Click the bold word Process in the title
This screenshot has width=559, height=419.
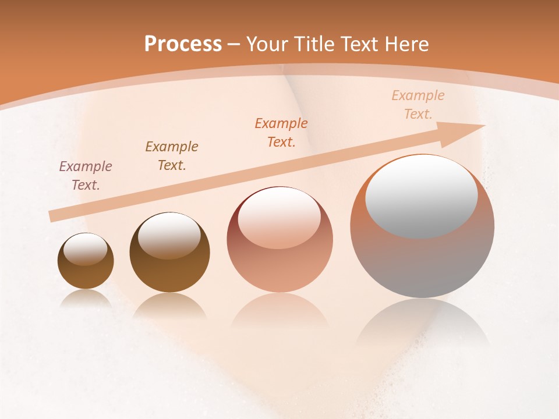(x=183, y=44)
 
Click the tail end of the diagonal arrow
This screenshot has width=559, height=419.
(x=52, y=215)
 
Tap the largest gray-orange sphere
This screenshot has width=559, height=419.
(x=422, y=256)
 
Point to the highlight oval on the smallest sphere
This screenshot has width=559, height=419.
(x=86, y=248)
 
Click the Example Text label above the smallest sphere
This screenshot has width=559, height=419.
(x=86, y=176)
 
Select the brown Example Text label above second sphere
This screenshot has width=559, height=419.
(x=172, y=155)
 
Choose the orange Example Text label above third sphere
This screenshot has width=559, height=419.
(x=281, y=132)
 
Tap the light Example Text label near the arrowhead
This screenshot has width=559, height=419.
(x=418, y=105)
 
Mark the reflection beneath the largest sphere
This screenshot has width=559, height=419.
(x=422, y=323)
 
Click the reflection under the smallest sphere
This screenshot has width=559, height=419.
(x=86, y=299)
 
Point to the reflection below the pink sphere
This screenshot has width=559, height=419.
(x=279, y=311)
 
